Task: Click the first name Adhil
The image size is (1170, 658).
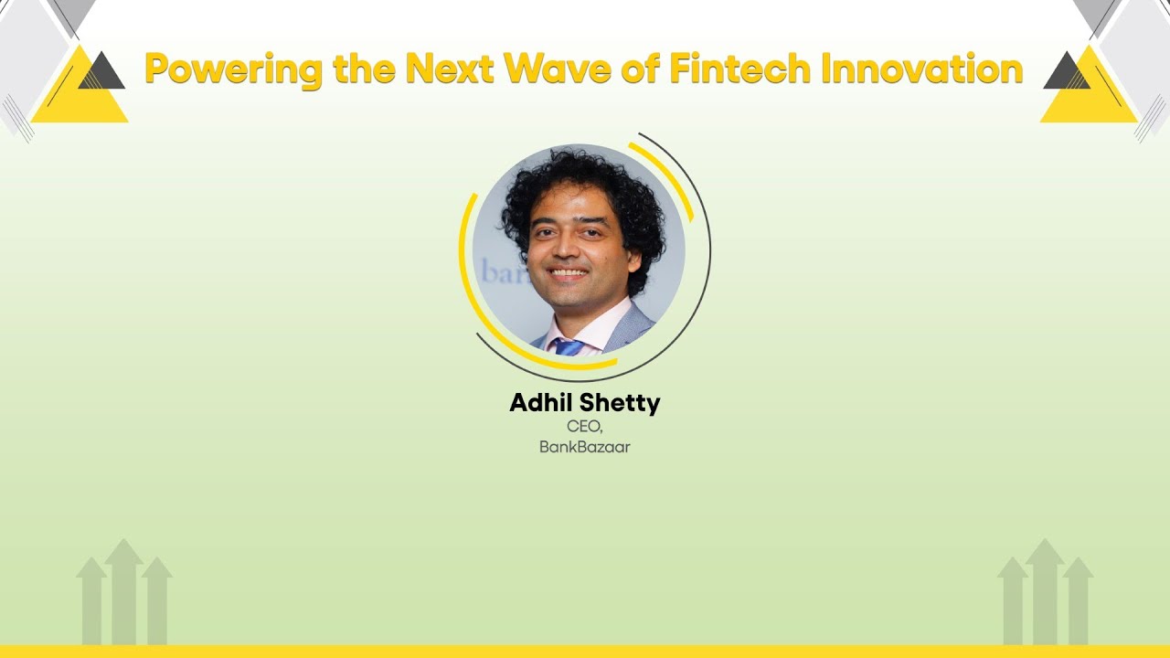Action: pyautogui.click(x=545, y=403)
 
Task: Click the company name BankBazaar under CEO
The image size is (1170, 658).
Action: pyautogui.click(x=585, y=448)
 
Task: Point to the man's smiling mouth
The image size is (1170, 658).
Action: pyautogui.click(x=569, y=272)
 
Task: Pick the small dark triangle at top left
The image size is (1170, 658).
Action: pyautogui.click(x=101, y=74)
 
